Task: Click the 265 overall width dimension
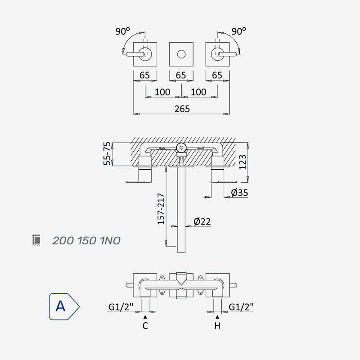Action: click(182, 109)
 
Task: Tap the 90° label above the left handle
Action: click(122, 31)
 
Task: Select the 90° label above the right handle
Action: click(239, 31)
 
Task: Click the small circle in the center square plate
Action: click(181, 54)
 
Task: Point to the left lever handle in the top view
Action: click(135, 54)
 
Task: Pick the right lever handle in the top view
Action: click(227, 54)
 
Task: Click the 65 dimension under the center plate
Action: click(181, 75)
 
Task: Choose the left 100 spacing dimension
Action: click(162, 92)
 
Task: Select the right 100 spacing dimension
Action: click(198, 92)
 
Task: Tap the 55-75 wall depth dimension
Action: click(107, 153)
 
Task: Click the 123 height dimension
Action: click(243, 162)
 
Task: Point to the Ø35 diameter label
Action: click(239, 193)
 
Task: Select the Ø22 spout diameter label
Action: click(202, 221)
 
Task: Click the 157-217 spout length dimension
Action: click(161, 209)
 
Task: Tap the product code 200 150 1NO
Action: click(86, 241)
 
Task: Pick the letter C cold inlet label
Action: click(145, 325)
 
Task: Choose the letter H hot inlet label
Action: click(217, 325)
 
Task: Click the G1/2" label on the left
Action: click(121, 307)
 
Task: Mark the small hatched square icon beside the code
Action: click(36, 240)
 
